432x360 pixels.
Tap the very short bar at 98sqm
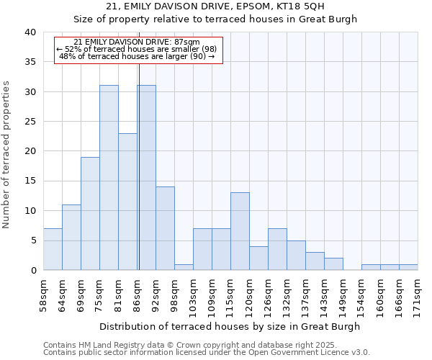pyautogui.click(x=184, y=267)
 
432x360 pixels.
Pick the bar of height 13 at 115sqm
pyautogui.click(x=240, y=231)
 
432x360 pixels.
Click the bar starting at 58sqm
pyautogui.click(x=53, y=249)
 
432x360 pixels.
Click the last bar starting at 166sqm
pyautogui.click(x=408, y=267)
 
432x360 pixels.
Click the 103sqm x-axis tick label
pyautogui.click(x=194, y=293)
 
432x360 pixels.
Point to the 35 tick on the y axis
pyautogui.click(x=31, y=62)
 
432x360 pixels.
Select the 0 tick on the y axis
pyautogui.click(x=34, y=270)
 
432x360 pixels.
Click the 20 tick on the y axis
pyautogui.click(x=31, y=151)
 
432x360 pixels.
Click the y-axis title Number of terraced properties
pyautogui.click(x=7, y=154)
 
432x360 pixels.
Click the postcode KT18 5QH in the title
pyautogui.click(x=301, y=6)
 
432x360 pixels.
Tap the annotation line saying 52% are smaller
pyautogui.click(x=137, y=49)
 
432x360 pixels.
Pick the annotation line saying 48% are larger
pyautogui.click(x=137, y=56)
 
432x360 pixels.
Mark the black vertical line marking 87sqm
pyautogui.click(x=138, y=166)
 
